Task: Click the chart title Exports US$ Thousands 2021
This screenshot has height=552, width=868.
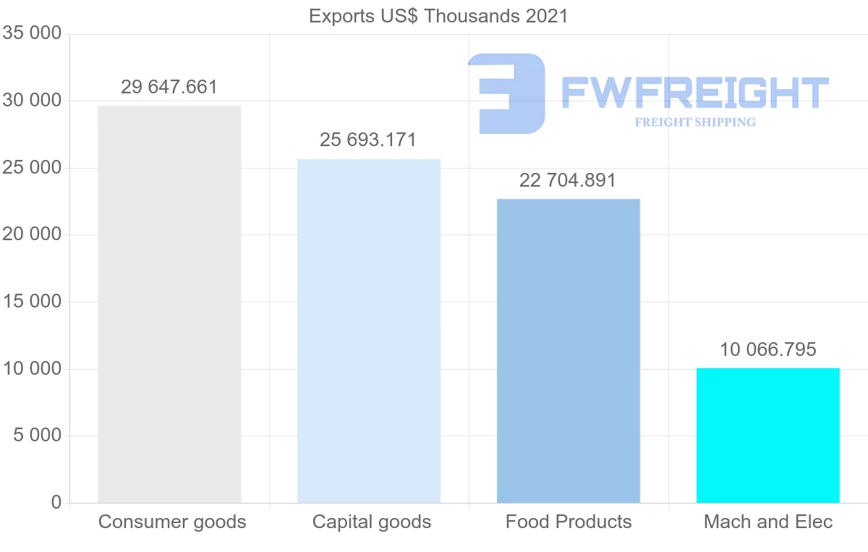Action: (x=438, y=16)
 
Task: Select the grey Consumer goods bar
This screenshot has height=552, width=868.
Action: (x=169, y=304)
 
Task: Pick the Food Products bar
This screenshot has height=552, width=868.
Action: (x=569, y=351)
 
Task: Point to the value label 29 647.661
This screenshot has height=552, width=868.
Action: (x=169, y=88)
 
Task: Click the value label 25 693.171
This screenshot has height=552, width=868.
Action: (x=368, y=140)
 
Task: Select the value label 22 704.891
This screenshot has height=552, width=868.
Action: (x=568, y=180)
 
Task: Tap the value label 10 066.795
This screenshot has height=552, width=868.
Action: (x=767, y=350)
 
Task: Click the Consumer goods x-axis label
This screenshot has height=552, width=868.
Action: (x=172, y=522)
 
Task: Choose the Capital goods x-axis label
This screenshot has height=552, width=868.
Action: (x=372, y=522)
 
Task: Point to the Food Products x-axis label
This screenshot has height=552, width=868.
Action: (x=569, y=522)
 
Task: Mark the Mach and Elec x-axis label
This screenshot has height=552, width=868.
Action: (x=768, y=522)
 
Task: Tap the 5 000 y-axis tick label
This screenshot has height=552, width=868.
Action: (x=36, y=436)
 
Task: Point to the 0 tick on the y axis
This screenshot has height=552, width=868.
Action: (x=56, y=503)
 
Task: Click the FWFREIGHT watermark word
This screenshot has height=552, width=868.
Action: (x=694, y=93)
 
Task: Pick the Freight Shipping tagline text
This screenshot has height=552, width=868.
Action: (x=695, y=122)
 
